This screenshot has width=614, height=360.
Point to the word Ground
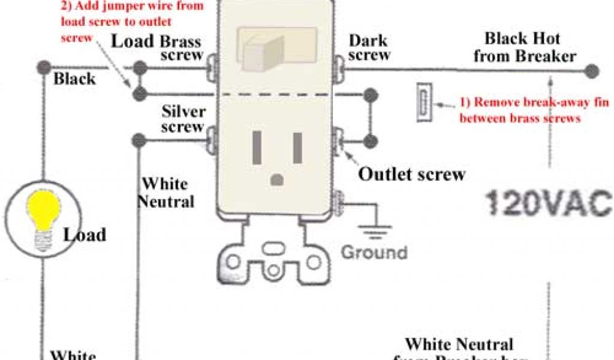374,251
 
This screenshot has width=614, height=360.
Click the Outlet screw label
411,175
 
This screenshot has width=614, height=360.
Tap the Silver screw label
183,119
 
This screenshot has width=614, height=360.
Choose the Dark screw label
369,47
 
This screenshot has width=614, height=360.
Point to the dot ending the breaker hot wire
592,71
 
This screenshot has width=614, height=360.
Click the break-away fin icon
424,104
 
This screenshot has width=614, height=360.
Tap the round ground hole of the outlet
277,179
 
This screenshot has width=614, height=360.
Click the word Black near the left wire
75,79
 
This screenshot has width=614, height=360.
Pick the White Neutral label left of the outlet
165,193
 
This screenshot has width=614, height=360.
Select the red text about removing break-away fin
520,110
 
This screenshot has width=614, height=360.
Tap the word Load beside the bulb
85,235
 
